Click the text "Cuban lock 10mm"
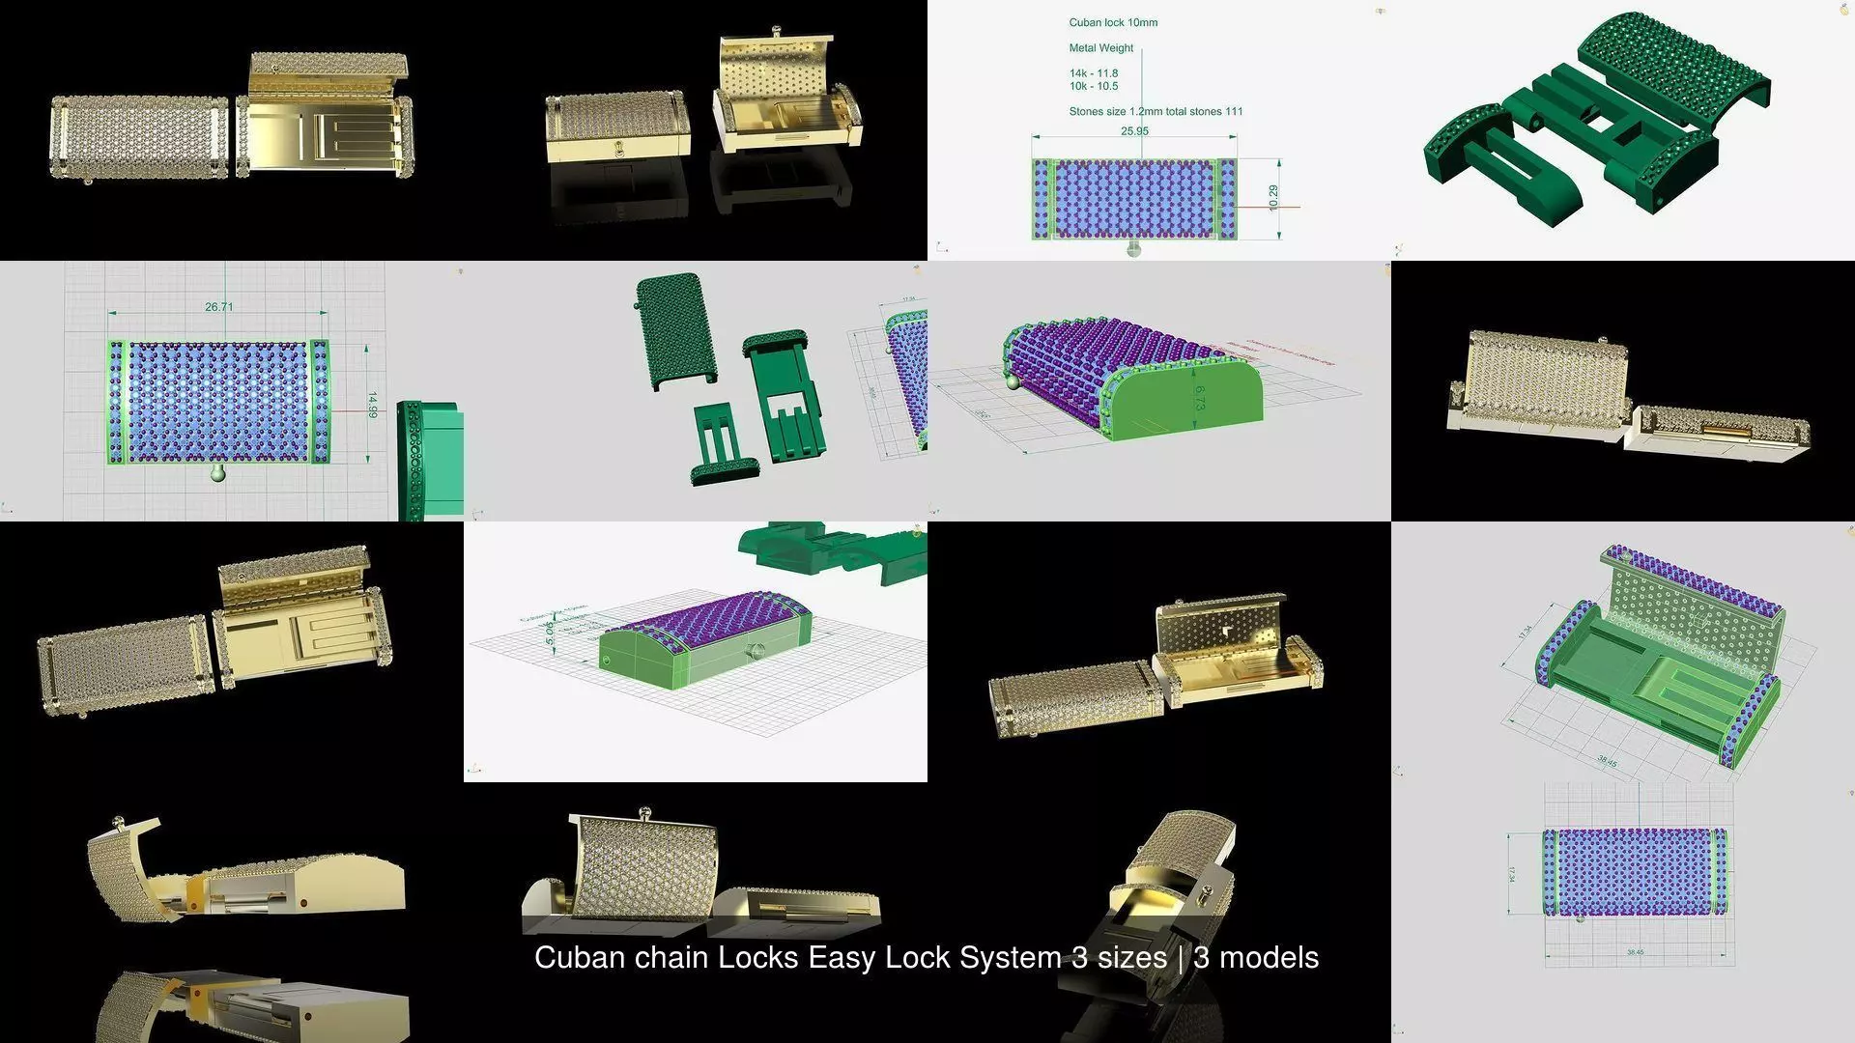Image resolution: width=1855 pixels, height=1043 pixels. [1113, 22]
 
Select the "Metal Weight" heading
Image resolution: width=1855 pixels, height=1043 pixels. [1100, 47]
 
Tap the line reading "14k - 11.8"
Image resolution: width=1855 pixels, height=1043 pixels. [1093, 73]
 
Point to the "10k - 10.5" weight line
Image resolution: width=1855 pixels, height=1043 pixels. [1093, 86]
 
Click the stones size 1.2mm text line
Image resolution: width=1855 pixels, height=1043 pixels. [1156, 111]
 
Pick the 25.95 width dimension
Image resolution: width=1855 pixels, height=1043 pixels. [1134, 131]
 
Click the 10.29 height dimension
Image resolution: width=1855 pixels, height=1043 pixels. [1273, 197]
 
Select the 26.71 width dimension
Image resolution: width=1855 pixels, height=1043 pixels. [218, 307]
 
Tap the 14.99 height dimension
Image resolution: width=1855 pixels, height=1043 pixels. [372, 405]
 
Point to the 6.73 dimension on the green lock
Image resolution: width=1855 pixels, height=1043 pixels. [1199, 398]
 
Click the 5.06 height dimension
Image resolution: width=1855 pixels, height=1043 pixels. [549, 633]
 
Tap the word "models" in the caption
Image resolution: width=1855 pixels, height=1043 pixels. [1269, 957]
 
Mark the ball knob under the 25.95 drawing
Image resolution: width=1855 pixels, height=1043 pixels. [1134, 249]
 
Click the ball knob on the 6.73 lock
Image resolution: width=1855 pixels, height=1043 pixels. [1012, 381]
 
